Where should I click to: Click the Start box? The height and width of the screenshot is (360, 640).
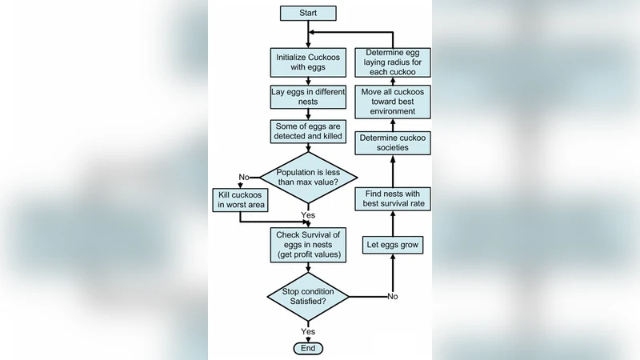308,13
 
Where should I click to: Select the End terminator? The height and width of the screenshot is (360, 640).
308,349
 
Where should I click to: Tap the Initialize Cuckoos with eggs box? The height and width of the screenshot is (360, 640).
308,63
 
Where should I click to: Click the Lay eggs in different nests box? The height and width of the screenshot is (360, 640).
308,98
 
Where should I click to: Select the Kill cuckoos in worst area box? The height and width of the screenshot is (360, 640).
239,199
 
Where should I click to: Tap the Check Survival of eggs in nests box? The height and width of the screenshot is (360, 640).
308,243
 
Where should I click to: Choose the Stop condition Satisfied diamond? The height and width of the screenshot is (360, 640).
308,297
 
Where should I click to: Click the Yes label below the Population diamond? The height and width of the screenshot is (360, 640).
308,214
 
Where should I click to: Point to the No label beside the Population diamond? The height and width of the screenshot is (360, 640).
243,177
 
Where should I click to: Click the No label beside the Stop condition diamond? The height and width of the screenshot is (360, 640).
392,296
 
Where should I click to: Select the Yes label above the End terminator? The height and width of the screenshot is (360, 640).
308,330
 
